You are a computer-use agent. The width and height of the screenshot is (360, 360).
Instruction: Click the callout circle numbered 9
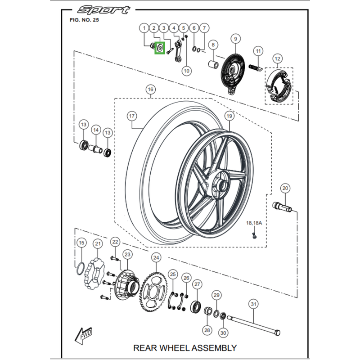(x=234, y=40)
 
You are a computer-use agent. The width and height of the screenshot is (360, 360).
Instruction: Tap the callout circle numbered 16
(x=150, y=90)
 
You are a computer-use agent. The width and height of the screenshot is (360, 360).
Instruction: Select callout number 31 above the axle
(x=254, y=305)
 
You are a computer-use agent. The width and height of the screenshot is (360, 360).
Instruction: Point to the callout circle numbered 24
(x=156, y=258)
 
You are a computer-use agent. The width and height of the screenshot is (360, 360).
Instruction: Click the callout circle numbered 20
(x=285, y=189)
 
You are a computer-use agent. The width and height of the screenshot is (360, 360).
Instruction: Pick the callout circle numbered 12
(x=277, y=58)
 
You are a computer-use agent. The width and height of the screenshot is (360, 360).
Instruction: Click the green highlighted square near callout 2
(x=159, y=47)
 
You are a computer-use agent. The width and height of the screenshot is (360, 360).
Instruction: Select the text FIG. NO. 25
(x=84, y=20)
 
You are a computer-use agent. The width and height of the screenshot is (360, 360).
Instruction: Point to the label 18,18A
(x=254, y=223)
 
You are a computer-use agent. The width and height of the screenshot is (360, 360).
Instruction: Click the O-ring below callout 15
(x=80, y=269)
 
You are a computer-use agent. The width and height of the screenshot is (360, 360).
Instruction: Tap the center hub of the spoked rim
(x=220, y=185)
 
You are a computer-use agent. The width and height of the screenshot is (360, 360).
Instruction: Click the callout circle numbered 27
(x=197, y=285)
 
